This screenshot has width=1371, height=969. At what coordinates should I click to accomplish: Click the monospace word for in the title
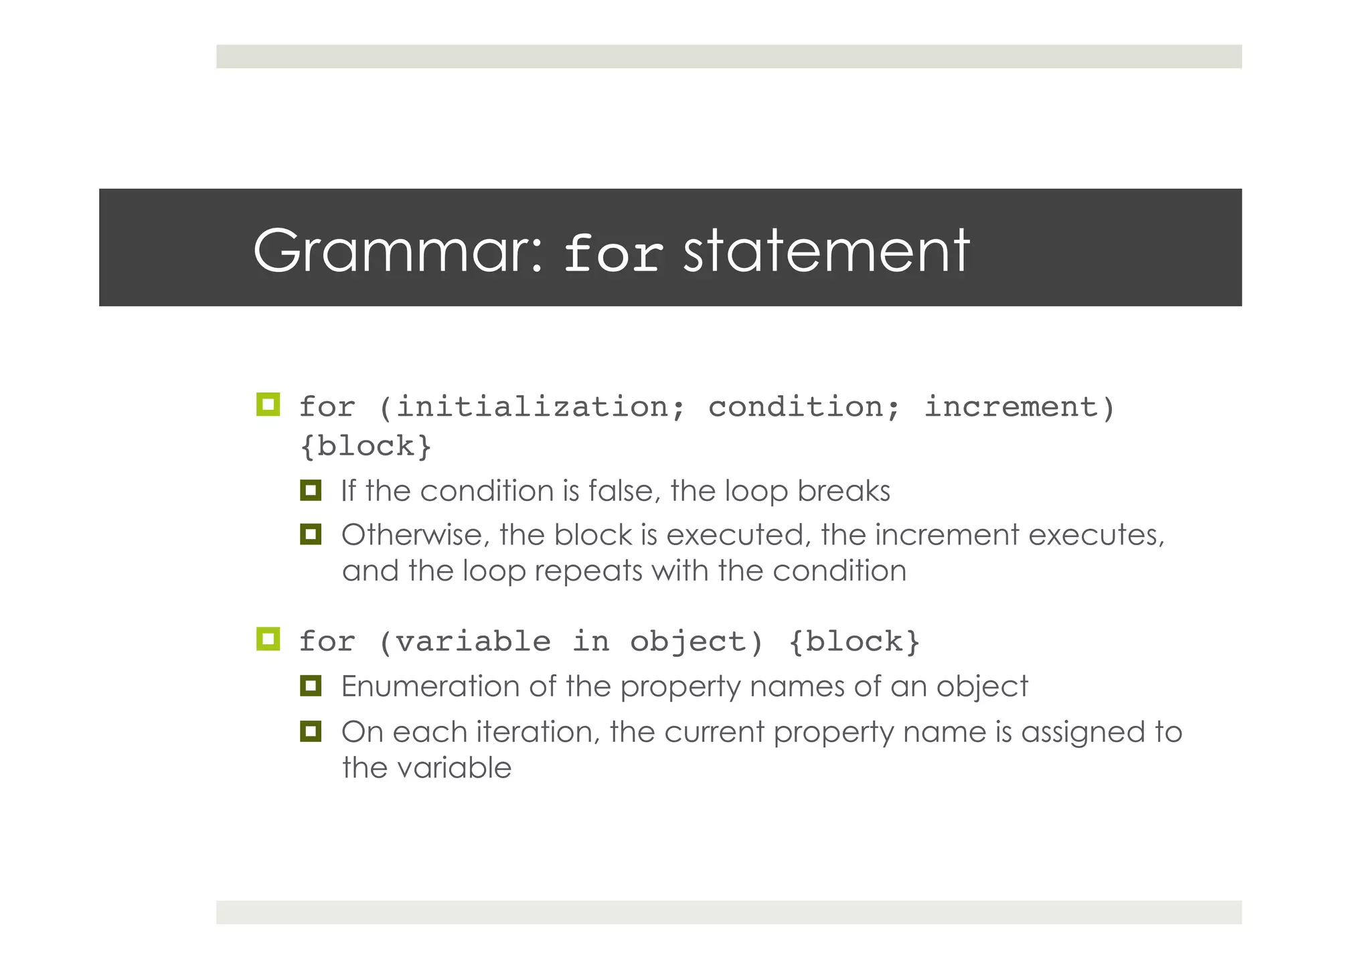pyautogui.click(x=613, y=254)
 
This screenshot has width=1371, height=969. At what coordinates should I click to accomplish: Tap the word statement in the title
pyautogui.click(x=825, y=251)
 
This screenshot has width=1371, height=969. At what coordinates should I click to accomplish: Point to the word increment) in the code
pyautogui.click(x=1020, y=407)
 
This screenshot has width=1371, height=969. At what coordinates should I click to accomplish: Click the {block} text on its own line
pyautogui.click(x=366, y=447)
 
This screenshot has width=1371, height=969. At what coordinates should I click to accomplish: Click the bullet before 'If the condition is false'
pyautogui.click(x=311, y=490)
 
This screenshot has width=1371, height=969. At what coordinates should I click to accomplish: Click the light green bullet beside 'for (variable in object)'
pyautogui.click(x=268, y=639)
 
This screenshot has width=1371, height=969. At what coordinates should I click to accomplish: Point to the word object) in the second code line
pyautogui.click(x=696, y=642)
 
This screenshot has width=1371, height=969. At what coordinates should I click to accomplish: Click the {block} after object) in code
pyautogui.click(x=854, y=642)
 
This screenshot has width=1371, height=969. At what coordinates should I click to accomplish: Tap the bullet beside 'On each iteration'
pyautogui.click(x=311, y=731)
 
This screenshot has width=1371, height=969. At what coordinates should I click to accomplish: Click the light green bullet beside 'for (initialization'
pyautogui.click(x=268, y=404)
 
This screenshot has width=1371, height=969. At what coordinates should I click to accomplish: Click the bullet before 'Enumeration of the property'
pyautogui.click(x=311, y=686)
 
